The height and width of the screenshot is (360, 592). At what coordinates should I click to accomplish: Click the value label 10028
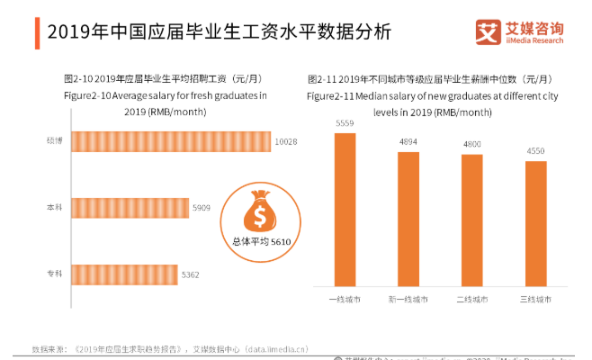(285, 142)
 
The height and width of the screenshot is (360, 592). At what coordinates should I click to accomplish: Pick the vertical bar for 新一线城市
(408, 220)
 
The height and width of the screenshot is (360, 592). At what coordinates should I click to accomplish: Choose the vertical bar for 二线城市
(472, 220)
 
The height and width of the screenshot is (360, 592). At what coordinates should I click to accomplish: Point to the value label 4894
(408, 142)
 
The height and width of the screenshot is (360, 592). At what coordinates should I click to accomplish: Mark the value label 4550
(535, 152)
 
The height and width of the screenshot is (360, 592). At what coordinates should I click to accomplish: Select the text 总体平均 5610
(260, 242)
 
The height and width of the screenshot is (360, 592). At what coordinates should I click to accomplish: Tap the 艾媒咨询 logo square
(488, 33)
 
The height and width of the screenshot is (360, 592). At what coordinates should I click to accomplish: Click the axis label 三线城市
(535, 299)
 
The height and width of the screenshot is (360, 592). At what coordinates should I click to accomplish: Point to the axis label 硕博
(54, 141)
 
